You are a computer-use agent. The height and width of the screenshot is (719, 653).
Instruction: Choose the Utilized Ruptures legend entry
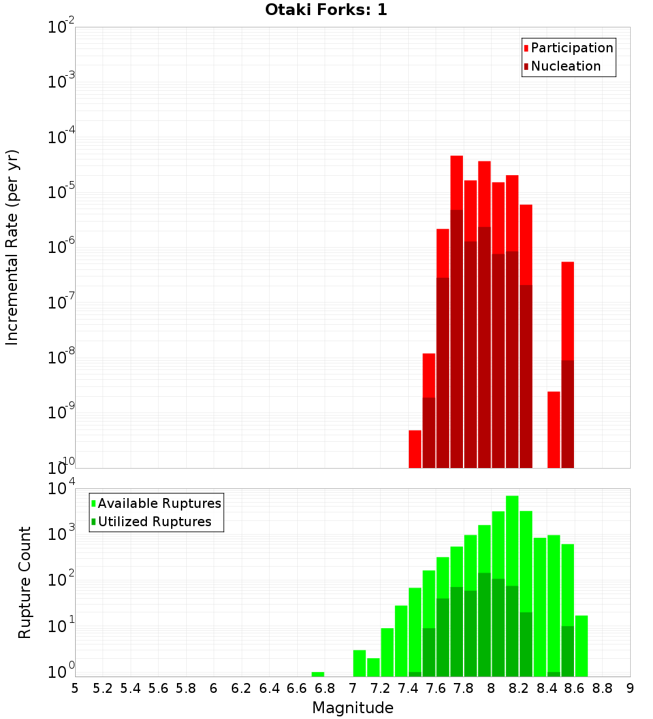click(154, 522)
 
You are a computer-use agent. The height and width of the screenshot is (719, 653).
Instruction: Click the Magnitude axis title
click(353, 708)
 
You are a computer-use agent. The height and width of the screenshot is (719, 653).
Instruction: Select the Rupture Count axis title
click(25, 582)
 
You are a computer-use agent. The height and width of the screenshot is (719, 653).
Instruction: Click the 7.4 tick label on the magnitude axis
click(408, 688)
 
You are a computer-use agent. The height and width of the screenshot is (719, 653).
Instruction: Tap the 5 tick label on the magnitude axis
click(75, 688)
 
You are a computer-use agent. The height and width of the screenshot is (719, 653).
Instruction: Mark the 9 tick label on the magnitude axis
click(630, 688)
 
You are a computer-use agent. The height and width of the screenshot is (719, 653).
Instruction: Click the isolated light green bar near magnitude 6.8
click(318, 674)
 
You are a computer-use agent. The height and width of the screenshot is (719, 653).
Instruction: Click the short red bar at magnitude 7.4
click(415, 449)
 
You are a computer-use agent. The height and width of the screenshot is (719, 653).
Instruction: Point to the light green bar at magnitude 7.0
click(359, 663)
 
